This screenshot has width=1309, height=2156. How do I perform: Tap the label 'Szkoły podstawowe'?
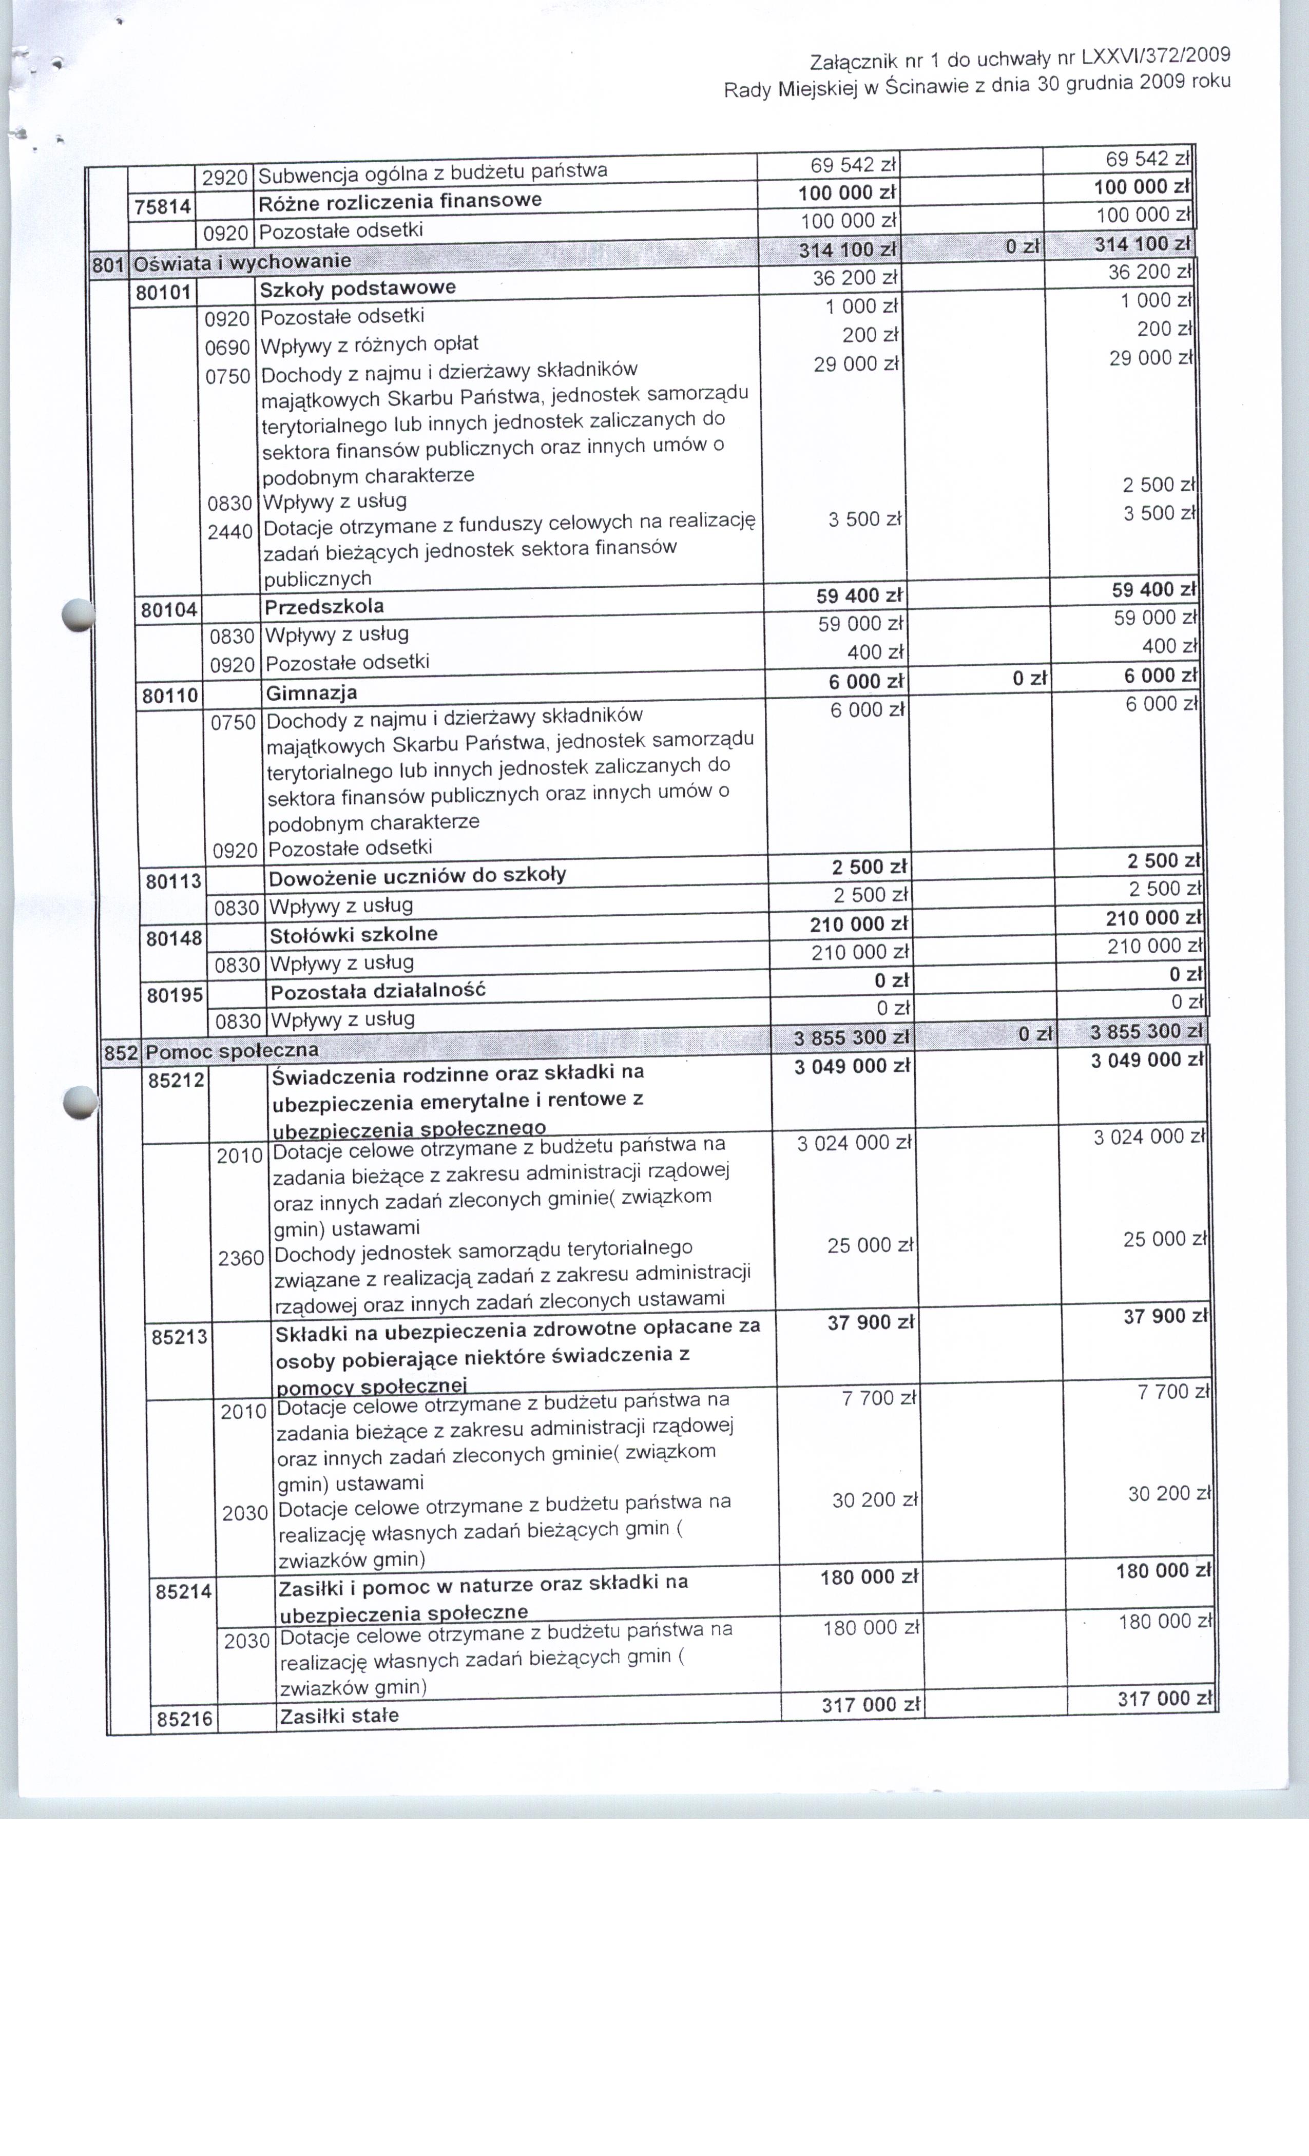(357, 288)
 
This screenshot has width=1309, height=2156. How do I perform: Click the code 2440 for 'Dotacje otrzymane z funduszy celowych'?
(230, 532)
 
